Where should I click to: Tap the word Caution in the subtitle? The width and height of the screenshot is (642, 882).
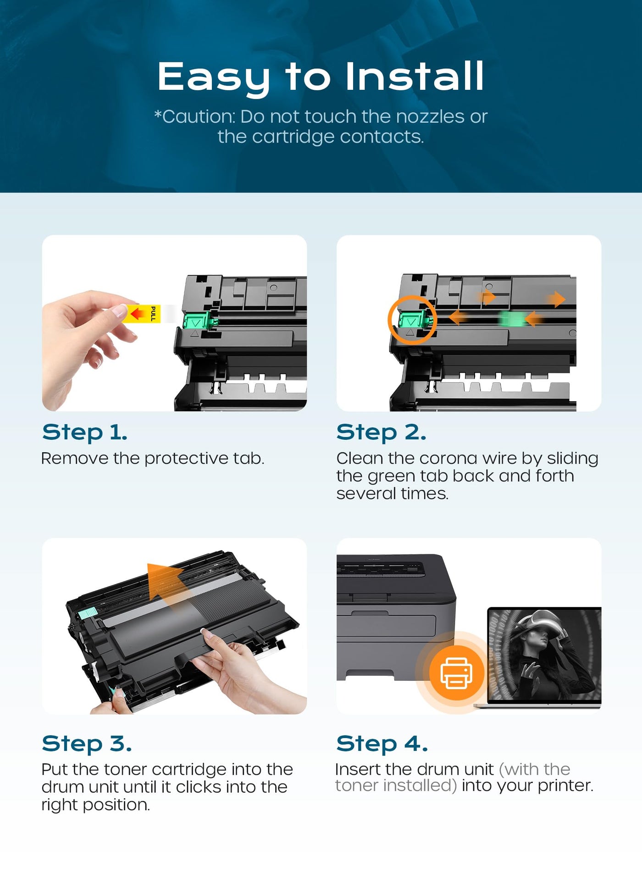(199, 116)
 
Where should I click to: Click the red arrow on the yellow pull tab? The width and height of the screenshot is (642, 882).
(137, 314)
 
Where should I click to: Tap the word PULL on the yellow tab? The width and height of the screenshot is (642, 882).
(153, 314)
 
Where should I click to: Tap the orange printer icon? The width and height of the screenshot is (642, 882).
(456, 672)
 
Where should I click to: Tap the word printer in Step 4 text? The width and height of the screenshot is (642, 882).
(565, 786)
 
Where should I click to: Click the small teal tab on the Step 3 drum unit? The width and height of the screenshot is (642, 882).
(88, 612)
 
